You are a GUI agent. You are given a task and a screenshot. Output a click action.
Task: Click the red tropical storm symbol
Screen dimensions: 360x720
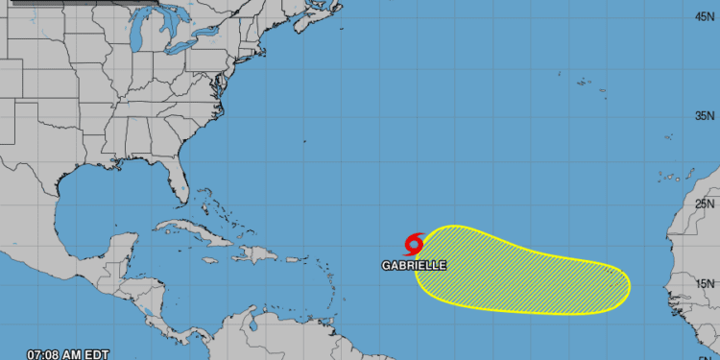click(414, 243)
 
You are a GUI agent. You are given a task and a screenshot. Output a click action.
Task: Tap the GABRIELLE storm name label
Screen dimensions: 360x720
click(414, 265)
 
